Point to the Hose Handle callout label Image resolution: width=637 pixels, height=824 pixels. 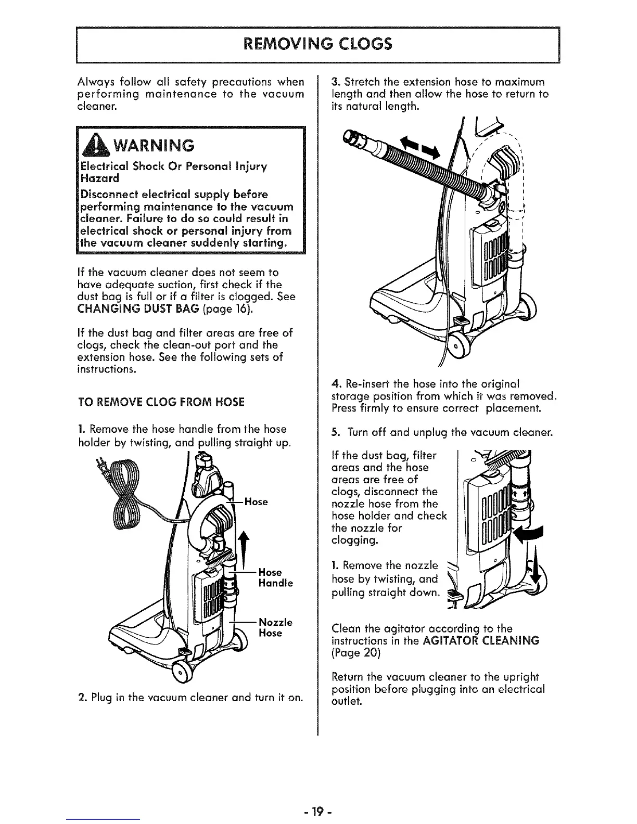[x=275, y=578]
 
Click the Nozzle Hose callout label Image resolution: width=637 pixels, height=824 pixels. [x=275, y=627]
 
